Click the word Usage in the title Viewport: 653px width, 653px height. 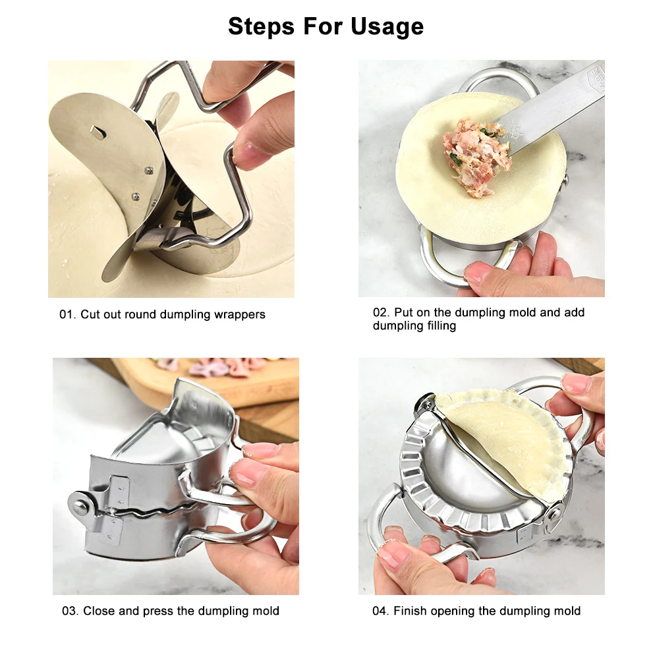pyautogui.click(x=387, y=26)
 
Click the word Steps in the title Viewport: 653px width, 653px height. pyautogui.click(x=262, y=26)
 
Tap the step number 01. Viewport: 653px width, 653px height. pyautogui.click(x=67, y=314)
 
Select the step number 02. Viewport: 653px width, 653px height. pyautogui.click(x=381, y=312)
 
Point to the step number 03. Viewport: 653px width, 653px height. pyautogui.click(x=71, y=611)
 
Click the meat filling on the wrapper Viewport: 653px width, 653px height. pyautogui.click(x=476, y=156)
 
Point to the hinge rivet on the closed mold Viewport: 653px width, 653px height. pyautogui.click(x=80, y=507)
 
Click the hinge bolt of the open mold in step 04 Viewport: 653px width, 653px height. pyautogui.click(x=424, y=403)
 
